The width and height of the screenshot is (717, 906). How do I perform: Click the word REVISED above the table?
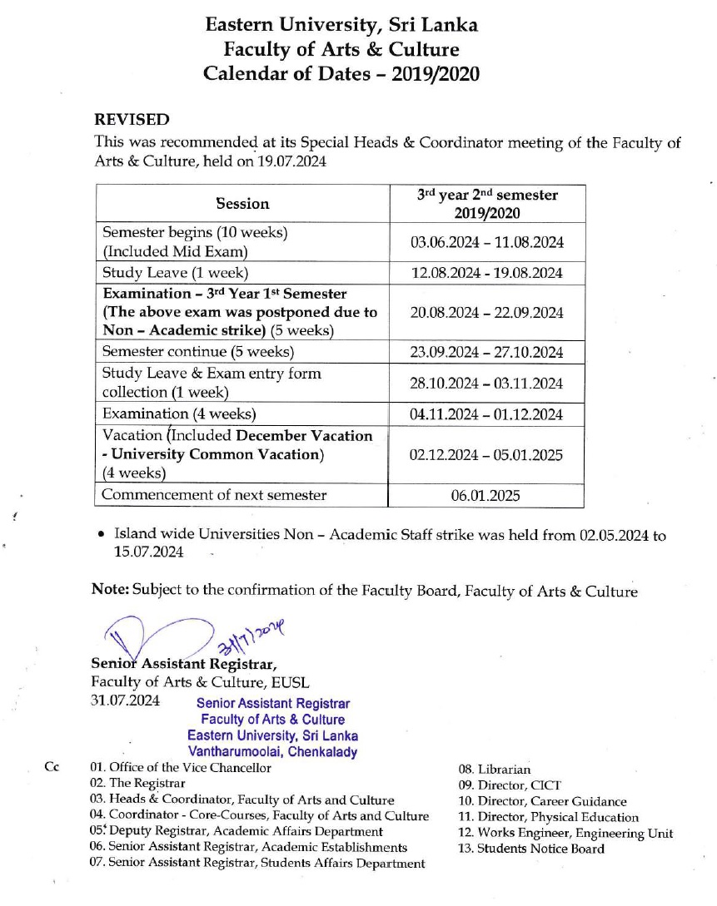point(132,120)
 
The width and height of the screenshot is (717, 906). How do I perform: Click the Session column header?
point(242,204)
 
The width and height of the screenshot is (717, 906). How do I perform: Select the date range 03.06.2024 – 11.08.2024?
point(487,242)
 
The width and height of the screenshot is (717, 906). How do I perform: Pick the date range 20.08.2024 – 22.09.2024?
point(487,313)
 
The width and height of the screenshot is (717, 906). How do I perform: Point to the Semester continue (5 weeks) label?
point(196,352)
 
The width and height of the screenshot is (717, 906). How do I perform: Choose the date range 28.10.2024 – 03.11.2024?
point(487,384)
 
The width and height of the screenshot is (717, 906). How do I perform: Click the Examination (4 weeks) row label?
point(178,414)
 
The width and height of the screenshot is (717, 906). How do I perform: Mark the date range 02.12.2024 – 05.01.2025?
point(487,455)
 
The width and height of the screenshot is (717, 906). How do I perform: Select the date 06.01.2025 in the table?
point(486,496)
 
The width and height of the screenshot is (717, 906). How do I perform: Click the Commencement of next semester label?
point(214,496)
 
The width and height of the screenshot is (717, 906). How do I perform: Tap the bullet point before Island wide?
point(101,537)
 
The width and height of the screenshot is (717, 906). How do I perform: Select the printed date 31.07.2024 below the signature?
point(125,701)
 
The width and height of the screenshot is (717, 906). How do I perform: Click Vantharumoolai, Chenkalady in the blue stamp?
point(273,752)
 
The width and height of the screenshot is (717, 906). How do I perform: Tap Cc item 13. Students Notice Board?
point(530,849)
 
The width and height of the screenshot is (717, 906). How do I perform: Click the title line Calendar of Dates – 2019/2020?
point(341,73)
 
